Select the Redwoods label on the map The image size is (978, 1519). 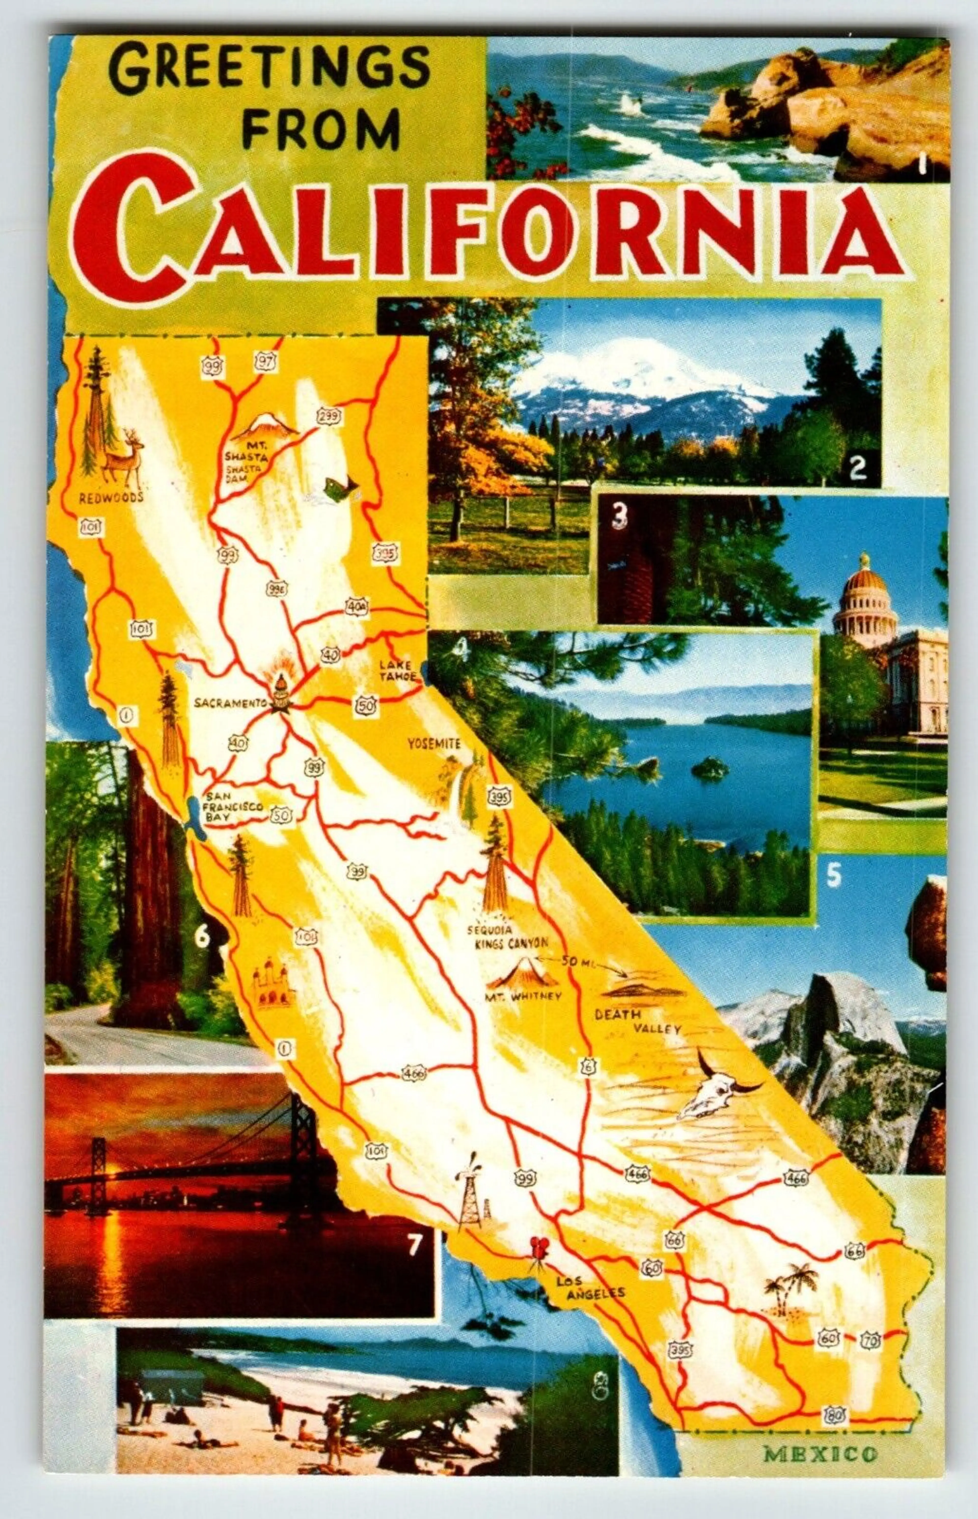112,498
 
